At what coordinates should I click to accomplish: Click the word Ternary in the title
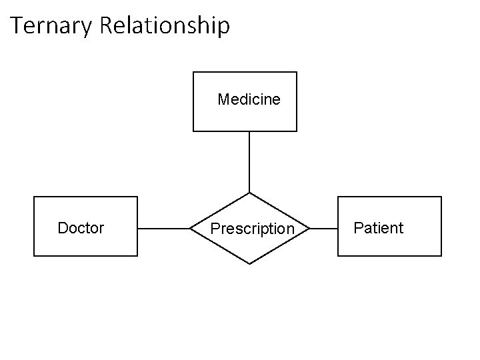(x=53, y=26)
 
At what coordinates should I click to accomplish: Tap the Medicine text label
(x=249, y=100)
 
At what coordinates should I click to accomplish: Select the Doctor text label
(x=81, y=228)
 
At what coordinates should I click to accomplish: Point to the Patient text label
(x=378, y=228)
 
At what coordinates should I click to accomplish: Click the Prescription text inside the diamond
(x=252, y=229)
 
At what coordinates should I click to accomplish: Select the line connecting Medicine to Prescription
(x=249, y=162)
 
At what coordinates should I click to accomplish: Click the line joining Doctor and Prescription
(x=164, y=229)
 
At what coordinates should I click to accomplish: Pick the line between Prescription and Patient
(x=324, y=229)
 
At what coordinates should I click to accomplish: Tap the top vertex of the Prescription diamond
(x=249, y=193)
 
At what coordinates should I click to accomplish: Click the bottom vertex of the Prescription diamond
(x=249, y=264)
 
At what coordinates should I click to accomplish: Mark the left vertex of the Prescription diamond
(x=190, y=229)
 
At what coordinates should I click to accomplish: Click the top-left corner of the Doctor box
(x=34, y=197)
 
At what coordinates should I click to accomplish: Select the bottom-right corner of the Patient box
(x=441, y=256)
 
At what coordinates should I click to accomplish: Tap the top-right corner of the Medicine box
(x=297, y=72)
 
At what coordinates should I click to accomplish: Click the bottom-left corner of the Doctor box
(x=34, y=256)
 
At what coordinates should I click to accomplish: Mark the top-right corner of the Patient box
(x=441, y=197)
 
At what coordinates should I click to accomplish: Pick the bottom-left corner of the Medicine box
(x=193, y=131)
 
